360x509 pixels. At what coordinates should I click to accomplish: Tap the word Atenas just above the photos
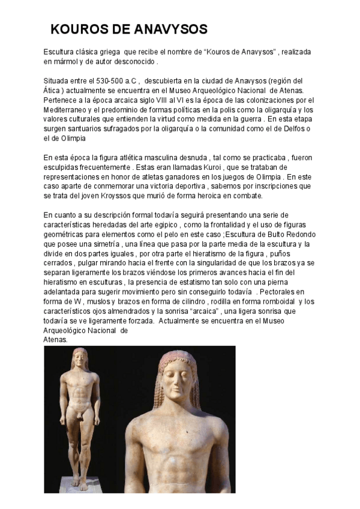point(56,339)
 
